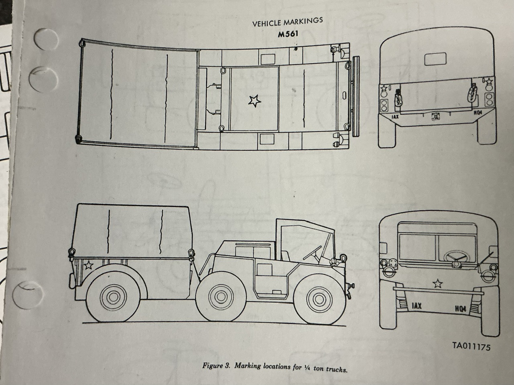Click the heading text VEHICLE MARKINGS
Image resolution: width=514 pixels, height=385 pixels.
click(288, 23)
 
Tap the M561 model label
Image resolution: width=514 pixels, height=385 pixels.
click(288, 34)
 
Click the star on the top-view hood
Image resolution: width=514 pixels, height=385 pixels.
click(254, 101)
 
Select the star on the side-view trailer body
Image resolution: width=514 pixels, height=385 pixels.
click(88, 265)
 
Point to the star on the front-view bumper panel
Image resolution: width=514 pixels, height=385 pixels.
click(437, 283)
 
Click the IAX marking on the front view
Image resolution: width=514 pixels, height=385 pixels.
click(416, 306)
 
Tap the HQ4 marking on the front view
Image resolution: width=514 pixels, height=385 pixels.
click(461, 309)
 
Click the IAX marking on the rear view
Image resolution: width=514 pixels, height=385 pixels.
click(395, 116)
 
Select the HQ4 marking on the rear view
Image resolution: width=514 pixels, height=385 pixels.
click(478, 113)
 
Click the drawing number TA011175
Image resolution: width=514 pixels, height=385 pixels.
click(471, 346)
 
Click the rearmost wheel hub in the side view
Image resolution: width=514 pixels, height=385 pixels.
click(113, 297)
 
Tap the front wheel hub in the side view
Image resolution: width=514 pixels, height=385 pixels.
click(319, 300)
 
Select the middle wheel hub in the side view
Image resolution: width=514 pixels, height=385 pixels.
click(221, 296)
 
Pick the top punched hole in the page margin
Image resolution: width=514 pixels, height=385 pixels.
click(46, 39)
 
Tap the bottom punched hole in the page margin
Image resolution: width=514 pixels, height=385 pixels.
click(28, 295)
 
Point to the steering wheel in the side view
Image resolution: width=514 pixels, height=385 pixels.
click(312, 253)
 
